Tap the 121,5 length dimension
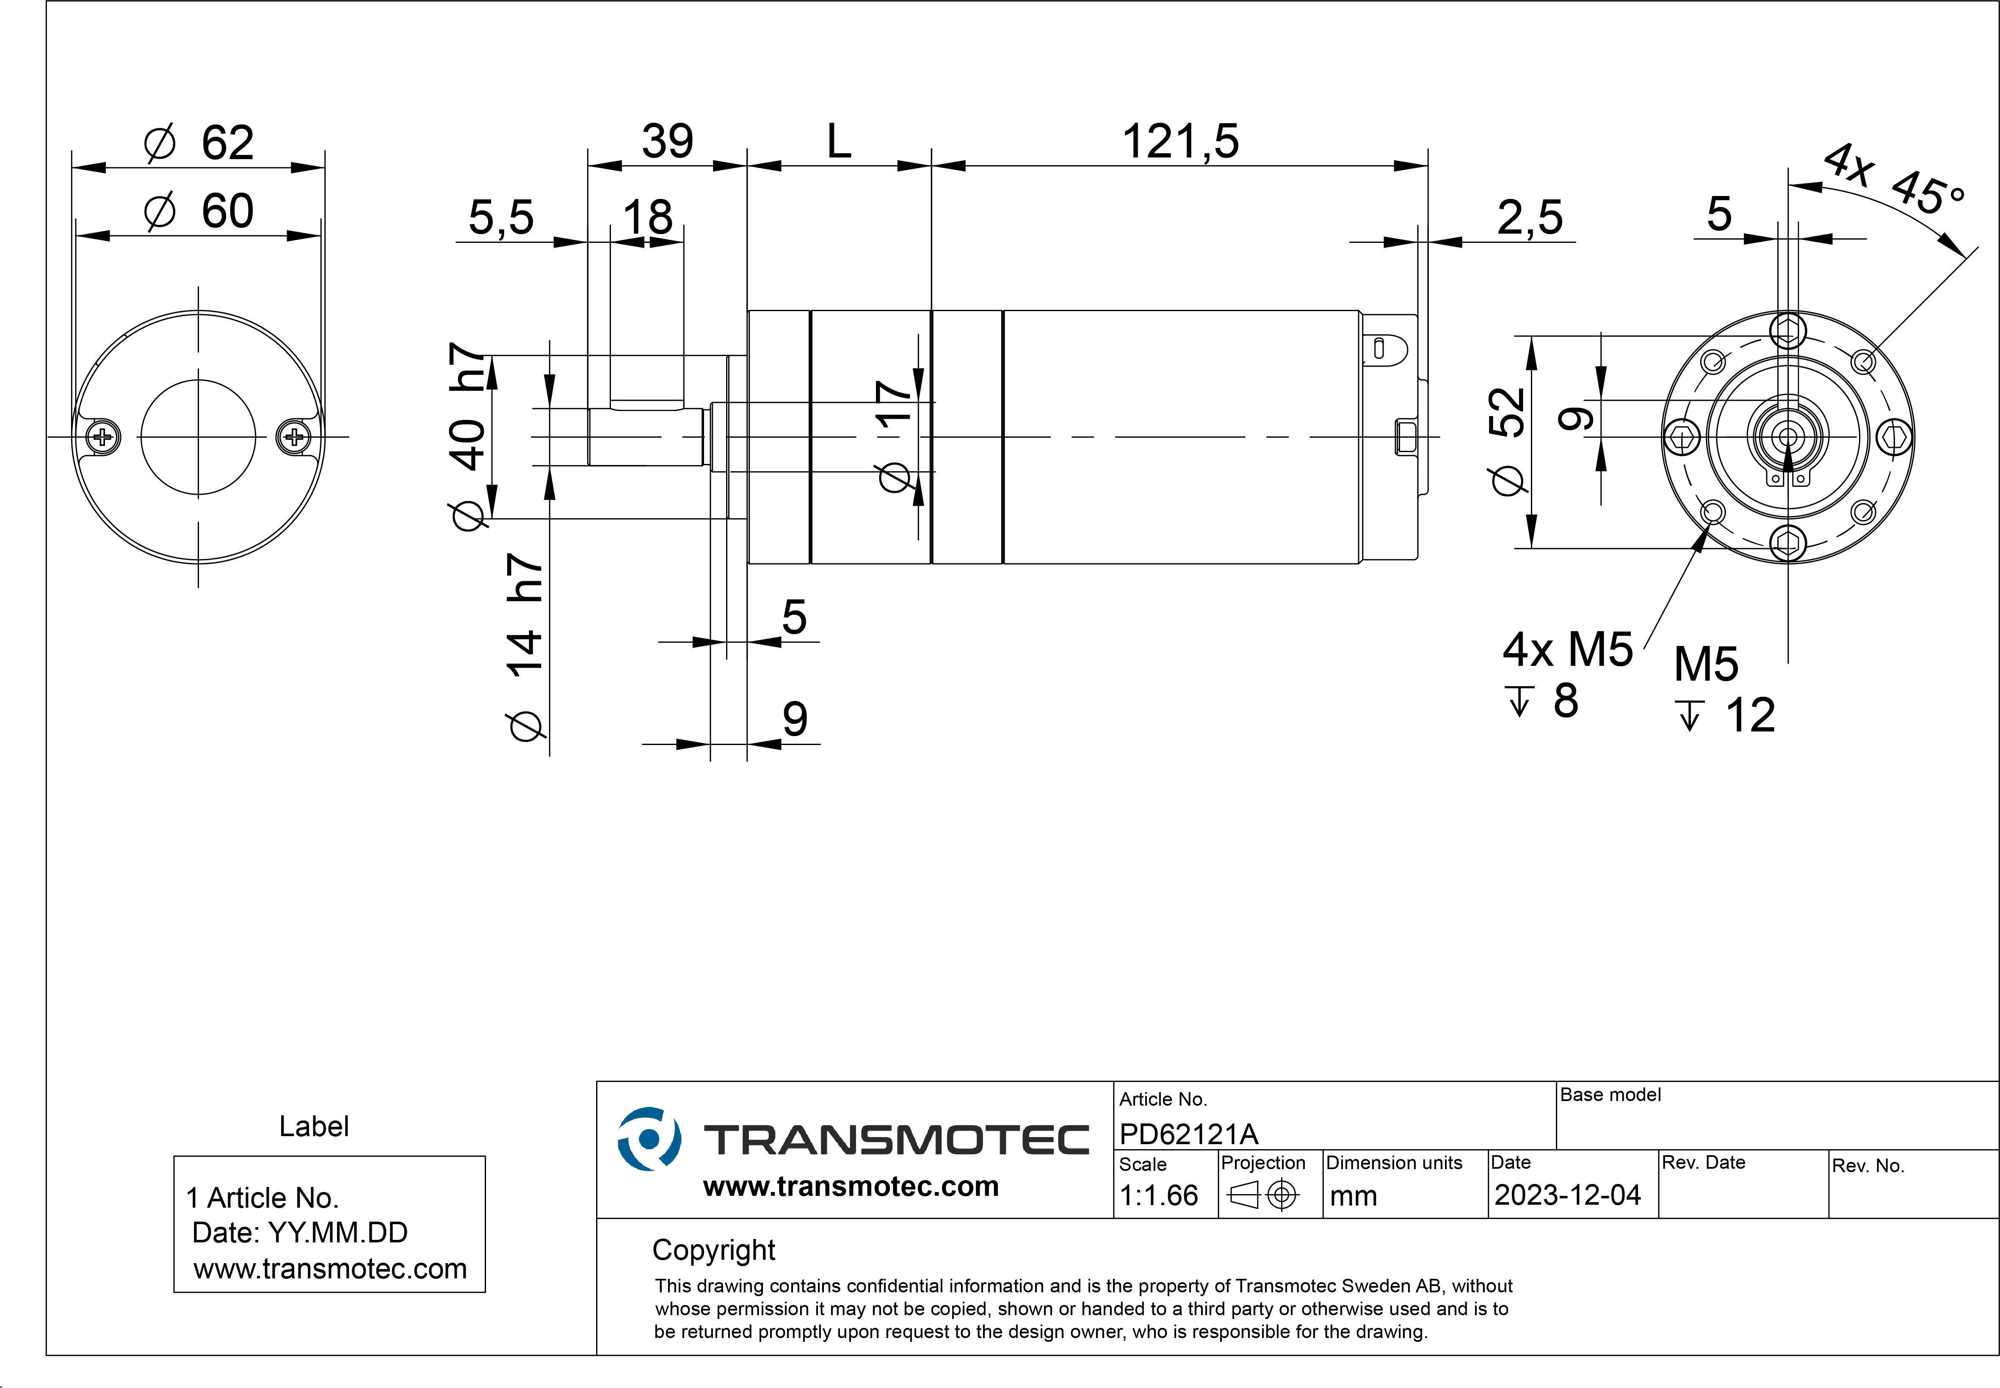pyautogui.click(x=1180, y=142)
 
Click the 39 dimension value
pyautogui.click(x=667, y=142)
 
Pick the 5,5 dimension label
pyautogui.click(x=501, y=218)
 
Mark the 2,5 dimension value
pyautogui.click(x=1530, y=218)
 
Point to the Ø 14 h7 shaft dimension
pyautogui.click(x=525, y=648)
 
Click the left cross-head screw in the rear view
pyautogui.click(x=102, y=436)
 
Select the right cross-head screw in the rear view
pyautogui.click(x=294, y=436)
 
